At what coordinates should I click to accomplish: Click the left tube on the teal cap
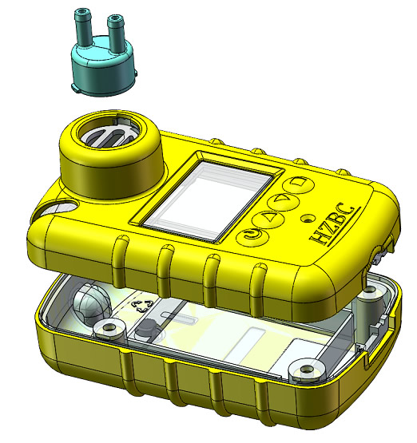click(82, 27)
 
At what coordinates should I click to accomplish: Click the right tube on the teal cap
click(116, 34)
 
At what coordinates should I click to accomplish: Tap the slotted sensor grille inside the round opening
click(109, 134)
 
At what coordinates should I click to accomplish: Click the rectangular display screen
click(208, 199)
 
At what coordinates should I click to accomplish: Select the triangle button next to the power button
click(267, 219)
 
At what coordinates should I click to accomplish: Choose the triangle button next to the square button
click(283, 200)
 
